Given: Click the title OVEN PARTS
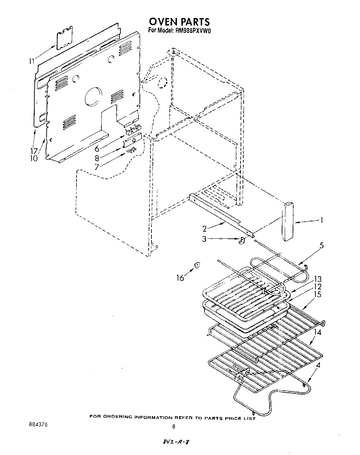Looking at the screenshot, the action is pos(180,22).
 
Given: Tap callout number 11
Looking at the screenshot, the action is pos(32,62).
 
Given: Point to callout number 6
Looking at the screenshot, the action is pos(97,149).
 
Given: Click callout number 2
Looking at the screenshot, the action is pos(204,229).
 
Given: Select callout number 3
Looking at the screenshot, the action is pos(204,239).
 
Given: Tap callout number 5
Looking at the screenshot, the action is pos(321,246).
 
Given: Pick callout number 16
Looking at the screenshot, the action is pos(180,278).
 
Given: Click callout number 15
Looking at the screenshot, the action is pos(317,294).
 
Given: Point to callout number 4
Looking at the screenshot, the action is pos(318,366).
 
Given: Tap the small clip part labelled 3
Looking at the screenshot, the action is pos(242,240).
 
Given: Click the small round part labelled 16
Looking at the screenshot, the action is pos(197,265).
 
